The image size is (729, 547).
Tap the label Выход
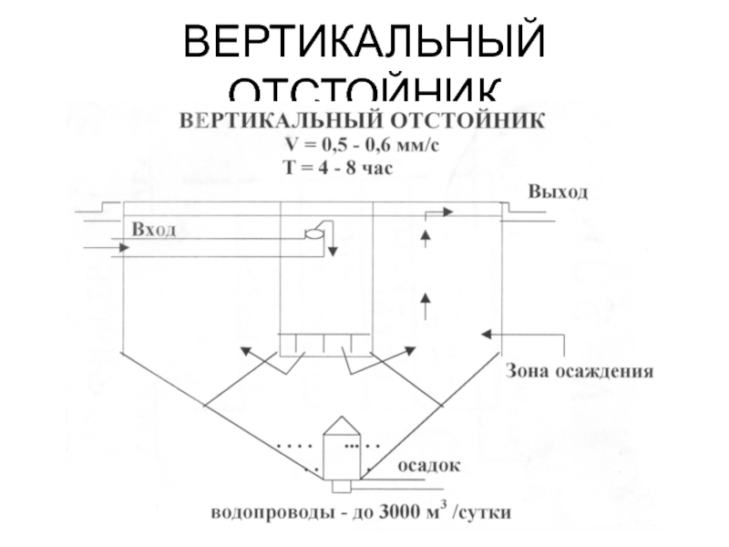tap(558, 192)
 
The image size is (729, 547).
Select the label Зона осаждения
tap(580, 372)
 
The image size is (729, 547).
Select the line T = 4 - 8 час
tap(338, 169)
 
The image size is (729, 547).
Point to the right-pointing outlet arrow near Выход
tap(438, 212)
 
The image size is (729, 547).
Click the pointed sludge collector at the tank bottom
tap(344, 450)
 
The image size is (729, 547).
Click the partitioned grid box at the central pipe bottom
tap(325, 344)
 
